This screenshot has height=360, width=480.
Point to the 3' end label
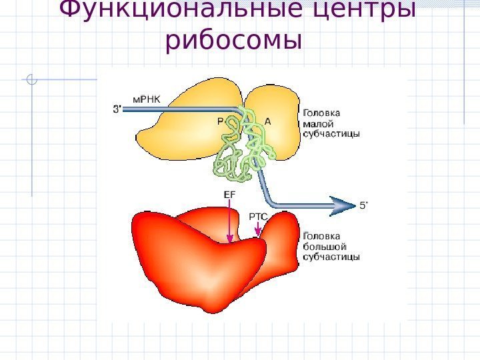point(116,109)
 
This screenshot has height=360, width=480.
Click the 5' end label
point(364,205)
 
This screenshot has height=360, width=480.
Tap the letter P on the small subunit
point(221,121)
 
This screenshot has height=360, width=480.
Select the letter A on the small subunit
point(268,121)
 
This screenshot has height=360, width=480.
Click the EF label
point(229,194)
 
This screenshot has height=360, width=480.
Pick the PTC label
point(258,216)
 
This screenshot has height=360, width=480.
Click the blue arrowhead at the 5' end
point(344,205)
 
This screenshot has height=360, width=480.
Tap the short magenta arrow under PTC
point(258,229)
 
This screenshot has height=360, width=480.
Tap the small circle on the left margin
point(31,82)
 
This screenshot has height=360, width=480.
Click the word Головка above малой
point(322,112)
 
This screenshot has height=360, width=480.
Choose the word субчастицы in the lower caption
point(331,256)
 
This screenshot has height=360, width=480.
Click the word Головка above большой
point(322,235)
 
